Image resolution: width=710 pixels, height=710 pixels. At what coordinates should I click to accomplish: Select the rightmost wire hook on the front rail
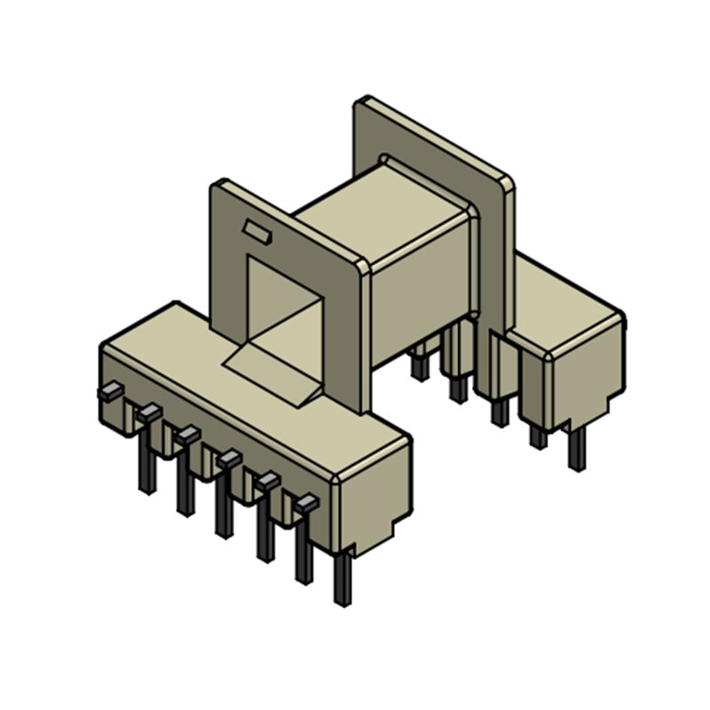(306, 503)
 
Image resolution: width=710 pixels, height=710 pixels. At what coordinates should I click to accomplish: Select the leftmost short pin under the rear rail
(418, 364)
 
